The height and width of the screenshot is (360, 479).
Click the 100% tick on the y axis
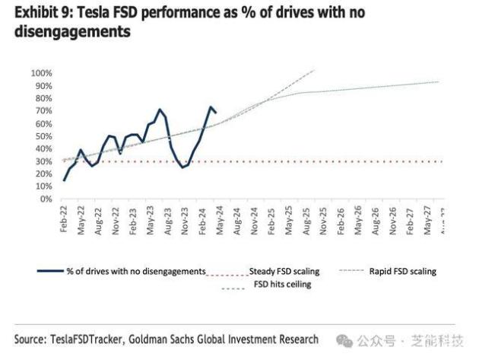pos(40,73)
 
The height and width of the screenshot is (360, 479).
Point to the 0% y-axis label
pos(45,199)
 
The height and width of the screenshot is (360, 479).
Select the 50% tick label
pos(43,136)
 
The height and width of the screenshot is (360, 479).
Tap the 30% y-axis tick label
pos(43,161)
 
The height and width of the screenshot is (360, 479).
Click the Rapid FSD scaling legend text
pos(403,270)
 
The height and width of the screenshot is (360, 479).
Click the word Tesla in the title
pos(88,13)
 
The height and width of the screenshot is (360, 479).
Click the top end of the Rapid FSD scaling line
pos(314,70)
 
